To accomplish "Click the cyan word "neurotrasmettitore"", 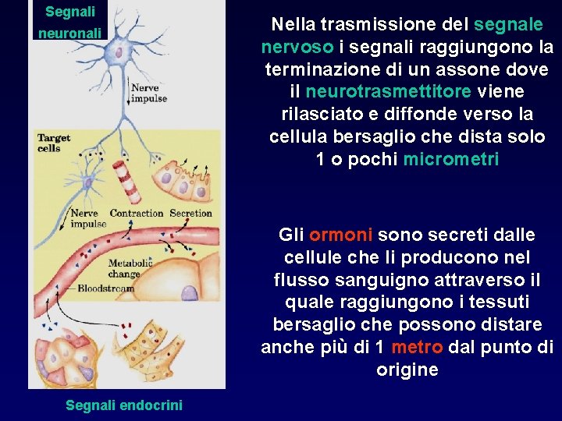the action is click(388, 92).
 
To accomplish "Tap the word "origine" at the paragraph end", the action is click(407, 370).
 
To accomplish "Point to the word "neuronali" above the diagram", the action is click(70, 34).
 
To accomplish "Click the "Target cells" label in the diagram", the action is click(54, 143).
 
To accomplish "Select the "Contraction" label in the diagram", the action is click(137, 214).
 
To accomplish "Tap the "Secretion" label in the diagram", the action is click(190, 214).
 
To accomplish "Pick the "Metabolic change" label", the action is click(124, 269).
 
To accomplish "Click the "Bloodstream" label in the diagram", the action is click(106, 288).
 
